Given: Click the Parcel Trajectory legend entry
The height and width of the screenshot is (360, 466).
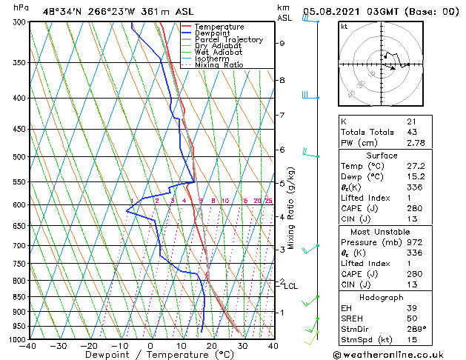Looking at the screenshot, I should coord(228,40).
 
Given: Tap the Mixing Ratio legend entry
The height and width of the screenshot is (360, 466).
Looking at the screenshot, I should coord(219,65).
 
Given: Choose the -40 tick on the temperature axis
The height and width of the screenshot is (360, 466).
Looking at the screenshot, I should coord(28,346).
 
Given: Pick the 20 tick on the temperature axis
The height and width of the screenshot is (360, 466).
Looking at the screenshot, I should coord(211,346).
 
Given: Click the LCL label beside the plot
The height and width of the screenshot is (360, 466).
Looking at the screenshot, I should coord(291,286).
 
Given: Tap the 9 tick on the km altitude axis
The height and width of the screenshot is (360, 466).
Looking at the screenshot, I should coord(282,43).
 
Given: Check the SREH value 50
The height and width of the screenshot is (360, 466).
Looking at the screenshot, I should coord(411,318).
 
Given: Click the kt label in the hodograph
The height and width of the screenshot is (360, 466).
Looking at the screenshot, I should coord(344,26).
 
